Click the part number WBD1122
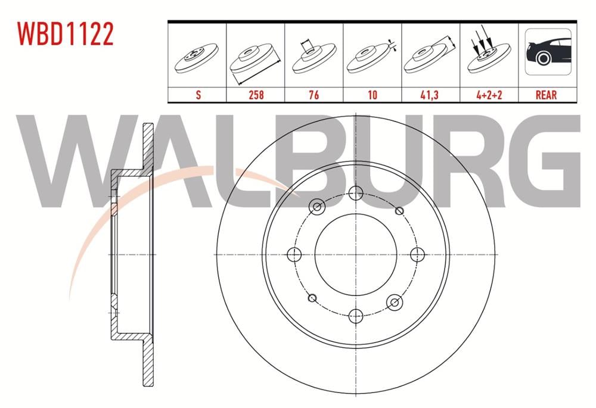pos(66,35)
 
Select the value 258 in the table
pos(255,94)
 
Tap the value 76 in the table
pos(313,94)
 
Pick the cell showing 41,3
pos(430,94)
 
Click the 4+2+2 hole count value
pos(489,94)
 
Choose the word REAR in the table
pos(547,94)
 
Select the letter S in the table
pos(197,94)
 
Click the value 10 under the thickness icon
pos(372,94)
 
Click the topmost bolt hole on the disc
pos(356,193)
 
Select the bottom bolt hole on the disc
pos(356,316)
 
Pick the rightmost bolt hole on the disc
pos(417,254)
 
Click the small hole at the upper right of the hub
pos(399,211)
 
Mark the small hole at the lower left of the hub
pos(312,298)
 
